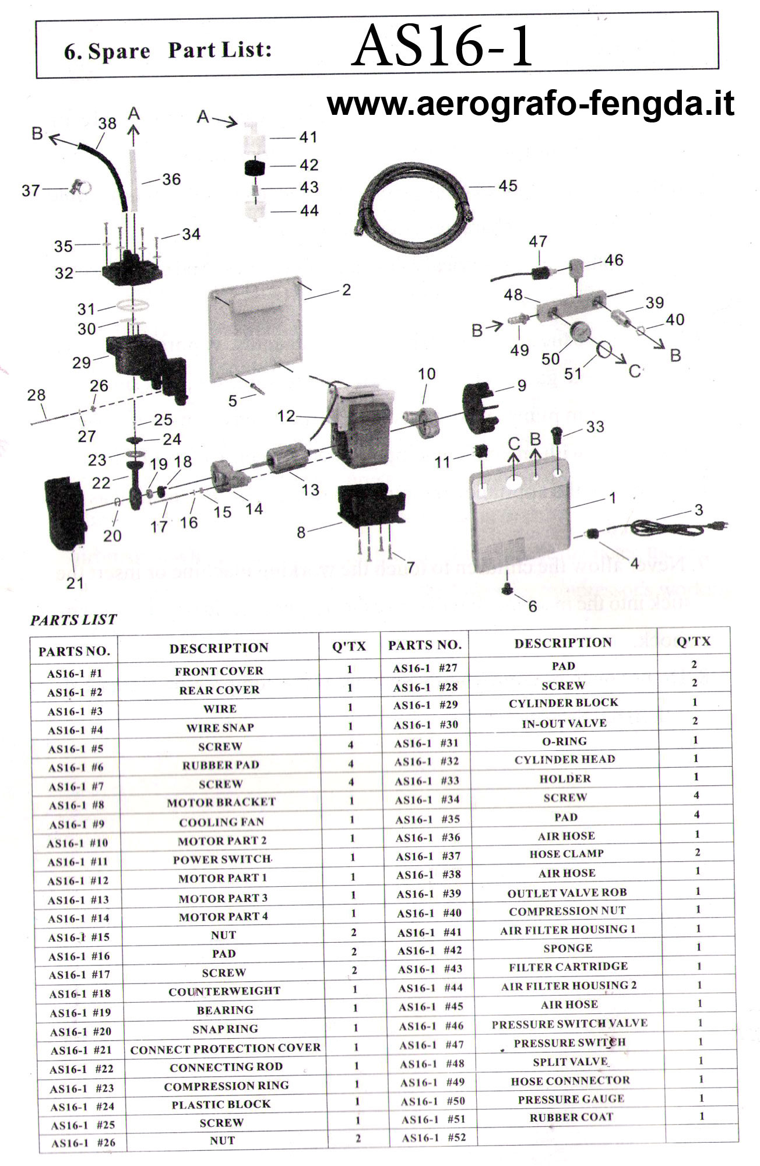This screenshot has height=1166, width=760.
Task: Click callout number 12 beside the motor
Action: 286,416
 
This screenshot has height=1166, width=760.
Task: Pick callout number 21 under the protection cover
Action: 75,582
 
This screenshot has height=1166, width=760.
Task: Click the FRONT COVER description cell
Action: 219,671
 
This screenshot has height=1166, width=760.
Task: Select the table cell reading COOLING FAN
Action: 221,822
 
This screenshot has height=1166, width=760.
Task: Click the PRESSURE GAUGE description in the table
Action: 571,1099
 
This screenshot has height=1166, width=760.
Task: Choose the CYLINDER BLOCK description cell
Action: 564,703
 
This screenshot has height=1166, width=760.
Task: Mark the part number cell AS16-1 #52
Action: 434,1137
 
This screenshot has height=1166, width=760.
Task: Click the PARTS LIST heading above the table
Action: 73,620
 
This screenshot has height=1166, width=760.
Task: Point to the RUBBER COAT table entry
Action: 571,1118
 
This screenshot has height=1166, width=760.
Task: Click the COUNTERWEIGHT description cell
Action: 224,991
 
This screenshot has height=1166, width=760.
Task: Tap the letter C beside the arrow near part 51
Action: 635,371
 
